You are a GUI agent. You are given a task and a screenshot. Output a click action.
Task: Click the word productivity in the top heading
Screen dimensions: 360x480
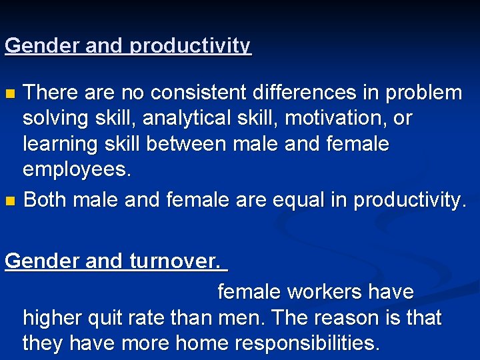[191, 46]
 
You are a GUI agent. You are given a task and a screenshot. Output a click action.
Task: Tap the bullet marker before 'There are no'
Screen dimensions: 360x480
[9, 93]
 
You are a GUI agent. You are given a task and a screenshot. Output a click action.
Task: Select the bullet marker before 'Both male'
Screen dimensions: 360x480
[9, 201]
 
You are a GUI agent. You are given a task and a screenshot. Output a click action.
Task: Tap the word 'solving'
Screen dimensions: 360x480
[56, 118]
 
